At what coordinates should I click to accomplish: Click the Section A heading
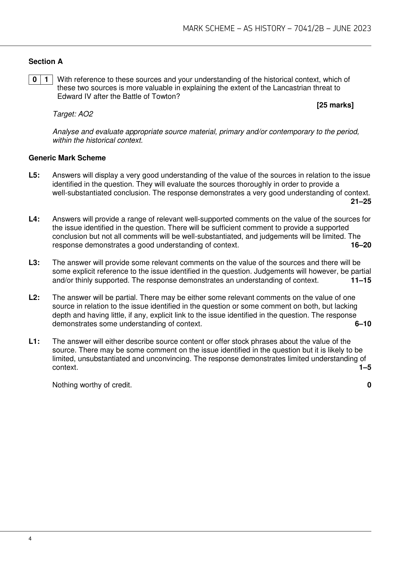46,62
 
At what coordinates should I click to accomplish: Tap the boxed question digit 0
35,79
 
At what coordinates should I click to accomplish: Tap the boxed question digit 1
46,79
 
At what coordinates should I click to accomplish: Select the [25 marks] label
335,105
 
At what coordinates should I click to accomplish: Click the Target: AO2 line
73,114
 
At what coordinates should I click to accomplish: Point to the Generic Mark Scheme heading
67,158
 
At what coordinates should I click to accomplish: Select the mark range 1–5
365,368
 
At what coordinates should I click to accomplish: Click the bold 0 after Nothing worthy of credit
369,385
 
